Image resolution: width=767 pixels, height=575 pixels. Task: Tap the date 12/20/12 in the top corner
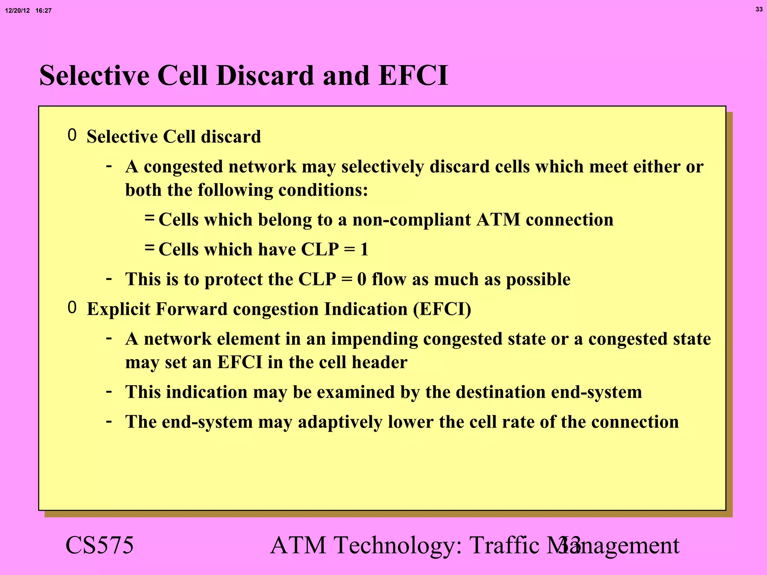[17, 11]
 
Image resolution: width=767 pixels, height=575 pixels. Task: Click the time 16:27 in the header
[43, 11]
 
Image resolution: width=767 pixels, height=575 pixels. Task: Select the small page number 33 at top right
[759, 9]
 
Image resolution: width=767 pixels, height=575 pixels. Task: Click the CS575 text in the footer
[99, 545]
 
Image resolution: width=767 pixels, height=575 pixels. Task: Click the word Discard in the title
[264, 76]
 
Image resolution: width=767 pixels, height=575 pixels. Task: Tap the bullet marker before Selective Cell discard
[72, 135]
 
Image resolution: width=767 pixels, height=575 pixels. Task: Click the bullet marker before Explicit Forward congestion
[72, 308]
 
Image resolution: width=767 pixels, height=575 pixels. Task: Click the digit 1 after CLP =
[364, 250]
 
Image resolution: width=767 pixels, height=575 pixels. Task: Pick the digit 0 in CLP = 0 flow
[361, 279]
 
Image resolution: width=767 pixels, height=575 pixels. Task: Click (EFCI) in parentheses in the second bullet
[442, 309]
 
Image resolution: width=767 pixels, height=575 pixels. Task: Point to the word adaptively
[340, 422]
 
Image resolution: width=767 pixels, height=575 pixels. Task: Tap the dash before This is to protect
[109, 279]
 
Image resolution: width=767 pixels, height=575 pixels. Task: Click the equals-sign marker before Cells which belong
[149, 217]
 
